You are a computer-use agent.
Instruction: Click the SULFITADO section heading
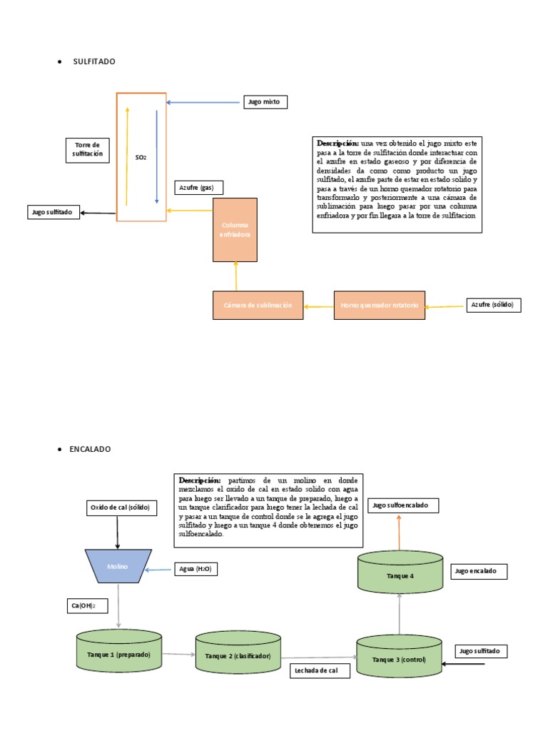click(93, 61)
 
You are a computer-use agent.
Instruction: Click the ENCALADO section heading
click(91, 449)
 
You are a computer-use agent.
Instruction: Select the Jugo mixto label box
click(265, 102)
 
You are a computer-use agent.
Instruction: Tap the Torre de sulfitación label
click(88, 149)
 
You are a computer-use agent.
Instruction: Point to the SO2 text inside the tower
click(141, 157)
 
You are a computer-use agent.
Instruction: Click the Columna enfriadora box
click(235, 229)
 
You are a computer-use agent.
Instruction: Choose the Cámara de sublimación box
click(258, 305)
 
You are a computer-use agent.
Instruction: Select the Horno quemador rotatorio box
click(380, 305)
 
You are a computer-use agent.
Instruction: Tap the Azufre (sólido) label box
click(493, 305)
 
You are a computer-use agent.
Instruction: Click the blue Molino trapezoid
click(118, 566)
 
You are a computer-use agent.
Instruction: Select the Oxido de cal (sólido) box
click(123, 508)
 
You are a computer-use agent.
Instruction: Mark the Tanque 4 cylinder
click(400, 573)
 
